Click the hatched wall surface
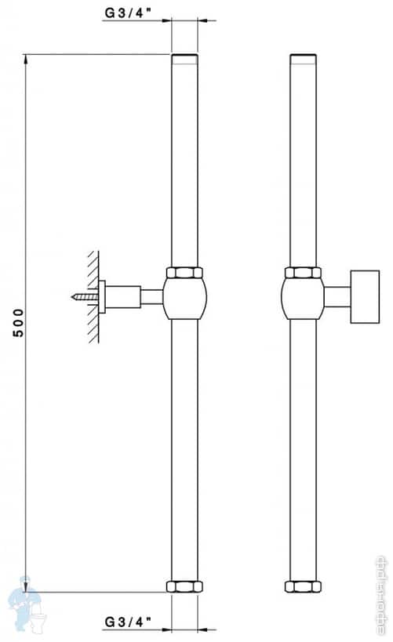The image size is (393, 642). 93,296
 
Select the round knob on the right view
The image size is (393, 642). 365,296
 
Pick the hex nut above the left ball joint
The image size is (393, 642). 185,273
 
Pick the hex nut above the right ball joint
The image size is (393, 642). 303,273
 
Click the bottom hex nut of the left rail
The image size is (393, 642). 185,586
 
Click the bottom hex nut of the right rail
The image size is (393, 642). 303,586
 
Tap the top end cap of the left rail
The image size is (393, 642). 185,57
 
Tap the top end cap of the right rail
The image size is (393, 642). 303,57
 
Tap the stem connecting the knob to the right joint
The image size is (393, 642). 337,296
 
